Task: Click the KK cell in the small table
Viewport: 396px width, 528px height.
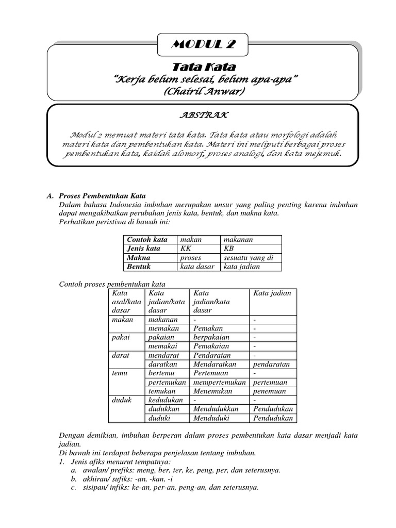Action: pyautogui.click(x=186, y=249)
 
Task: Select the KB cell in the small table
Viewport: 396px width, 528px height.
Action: pyautogui.click(x=229, y=249)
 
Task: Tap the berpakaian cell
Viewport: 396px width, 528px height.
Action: pyautogui.click(x=211, y=337)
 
